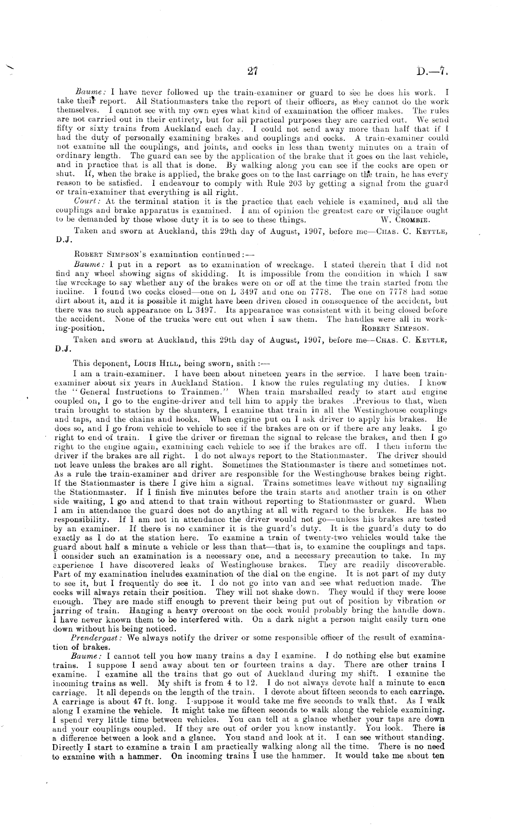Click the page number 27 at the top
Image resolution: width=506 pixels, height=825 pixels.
pos(253,71)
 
